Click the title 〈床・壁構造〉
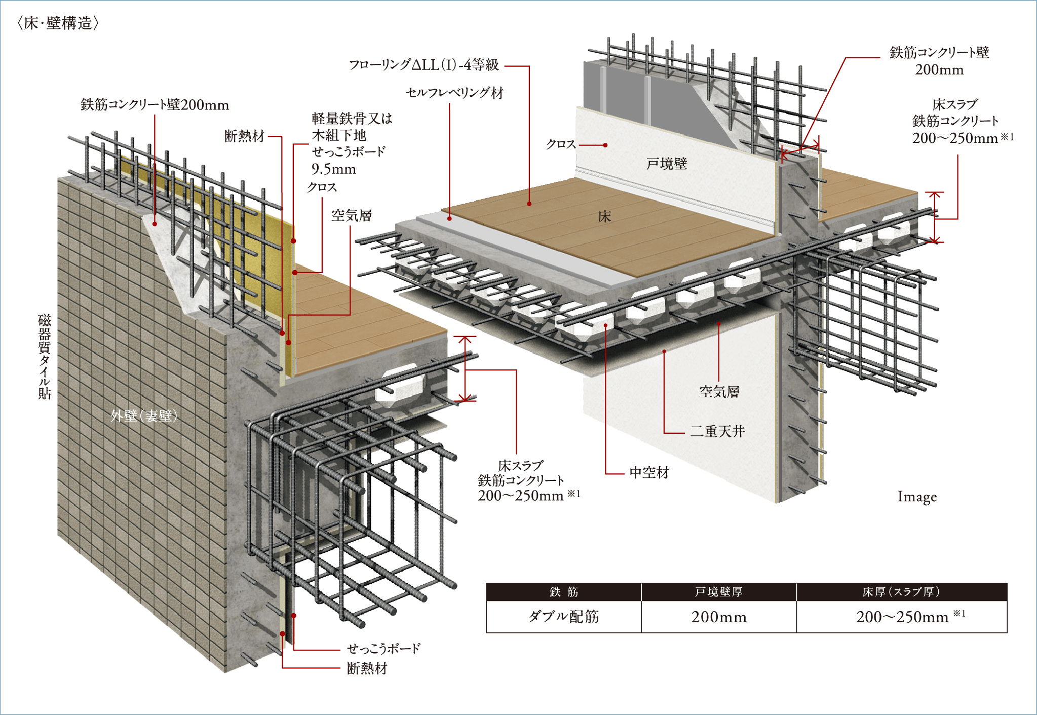(58, 23)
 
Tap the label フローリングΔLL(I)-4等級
(424, 65)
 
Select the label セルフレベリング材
(454, 93)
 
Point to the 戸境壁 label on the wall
(667, 164)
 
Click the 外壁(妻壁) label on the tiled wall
(144, 416)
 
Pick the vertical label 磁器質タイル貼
(45, 357)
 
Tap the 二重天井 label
(717, 431)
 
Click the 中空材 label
(649, 473)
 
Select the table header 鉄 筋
(564, 592)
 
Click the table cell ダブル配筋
(564, 616)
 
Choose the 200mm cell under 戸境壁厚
(719, 617)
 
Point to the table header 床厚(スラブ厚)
(901, 592)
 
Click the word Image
(917, 497)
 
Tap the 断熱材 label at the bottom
(367, 668)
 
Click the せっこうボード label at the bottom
(383, 648)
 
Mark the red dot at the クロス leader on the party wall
(605, 145)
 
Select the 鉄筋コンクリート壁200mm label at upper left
(155, 105)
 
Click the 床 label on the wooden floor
(604, 217)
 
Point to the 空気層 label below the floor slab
(719, 391)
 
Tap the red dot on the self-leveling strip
(449, 218)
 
